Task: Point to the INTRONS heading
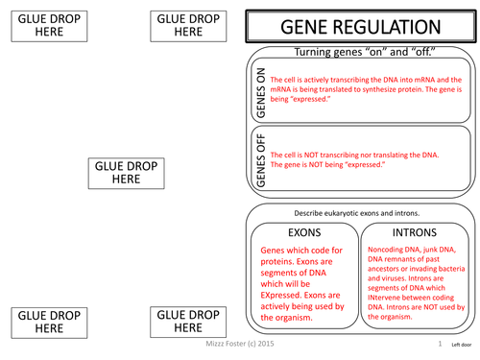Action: (x=414, y=232)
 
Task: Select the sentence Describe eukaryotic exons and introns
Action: (x=360, y=212)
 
